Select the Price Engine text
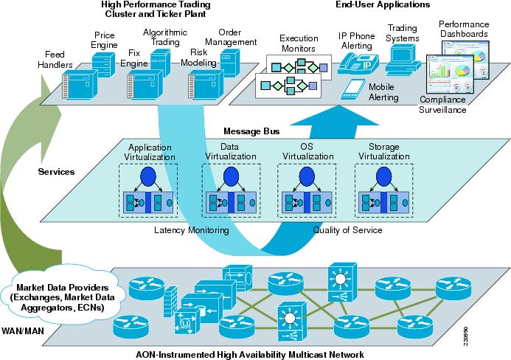[x=104, y=40]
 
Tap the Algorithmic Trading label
[x=164, y=38]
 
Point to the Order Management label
[x=237, y=37]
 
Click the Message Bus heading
[x=251, y=131]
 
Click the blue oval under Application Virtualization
[x=150, y=178]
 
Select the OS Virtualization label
[x=302, y=150]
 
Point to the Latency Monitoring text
[x=191, y=230]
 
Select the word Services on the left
[x=58, y=171]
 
